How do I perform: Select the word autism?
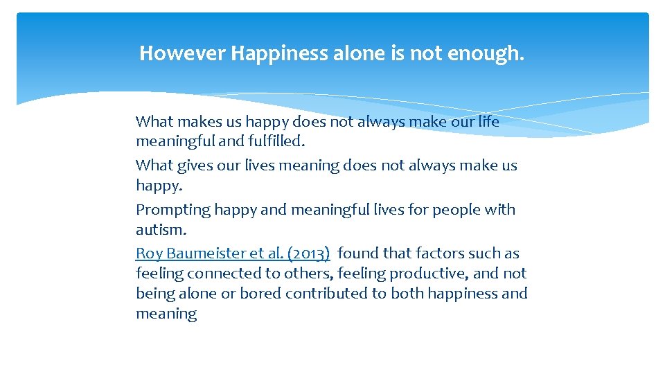(161, 230)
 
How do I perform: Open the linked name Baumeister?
(202, 253)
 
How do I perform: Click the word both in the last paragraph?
(407, 294)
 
